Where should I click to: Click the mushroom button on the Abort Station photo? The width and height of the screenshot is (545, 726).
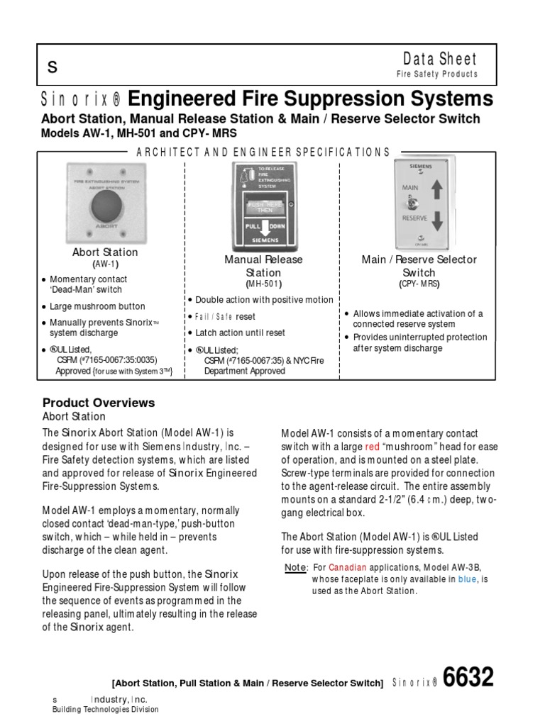pos(105,204)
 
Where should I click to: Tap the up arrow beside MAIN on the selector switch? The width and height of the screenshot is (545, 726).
pos(436,191)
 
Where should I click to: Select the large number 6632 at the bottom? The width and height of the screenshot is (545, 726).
pos(468,678)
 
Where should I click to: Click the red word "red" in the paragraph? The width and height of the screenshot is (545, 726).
pos(372,447)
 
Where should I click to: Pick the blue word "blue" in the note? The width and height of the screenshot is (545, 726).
pos(468,579)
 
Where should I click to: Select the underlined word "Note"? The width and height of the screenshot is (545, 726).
pos(295,567)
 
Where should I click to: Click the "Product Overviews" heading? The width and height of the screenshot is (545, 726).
pos(99,403)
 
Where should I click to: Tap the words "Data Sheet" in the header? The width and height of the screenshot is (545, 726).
pos(440,60)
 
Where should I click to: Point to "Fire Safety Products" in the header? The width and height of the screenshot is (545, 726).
pos(436,74)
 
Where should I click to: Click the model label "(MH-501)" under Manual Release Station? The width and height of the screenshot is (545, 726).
pos(263,284)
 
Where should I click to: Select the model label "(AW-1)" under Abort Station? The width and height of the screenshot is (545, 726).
pos(105,264)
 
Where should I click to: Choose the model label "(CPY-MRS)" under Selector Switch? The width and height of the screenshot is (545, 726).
pos(419,284)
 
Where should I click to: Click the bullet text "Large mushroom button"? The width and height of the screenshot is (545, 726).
pos(97,306)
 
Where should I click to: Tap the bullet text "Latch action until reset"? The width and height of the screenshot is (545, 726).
pos(240,333)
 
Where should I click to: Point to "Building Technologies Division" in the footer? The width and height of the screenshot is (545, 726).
pos(106,710)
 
